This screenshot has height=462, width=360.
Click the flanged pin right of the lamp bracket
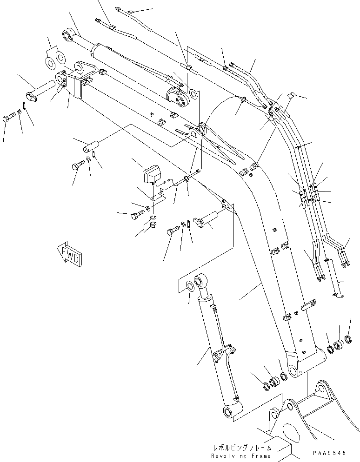pos(205,219)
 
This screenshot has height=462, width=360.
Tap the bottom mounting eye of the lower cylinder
pos(229,412)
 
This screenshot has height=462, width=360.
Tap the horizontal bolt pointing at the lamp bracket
pos(140,216)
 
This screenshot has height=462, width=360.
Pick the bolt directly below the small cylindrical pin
pos(79,165)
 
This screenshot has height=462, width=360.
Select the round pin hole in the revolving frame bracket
pos(291,408)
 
